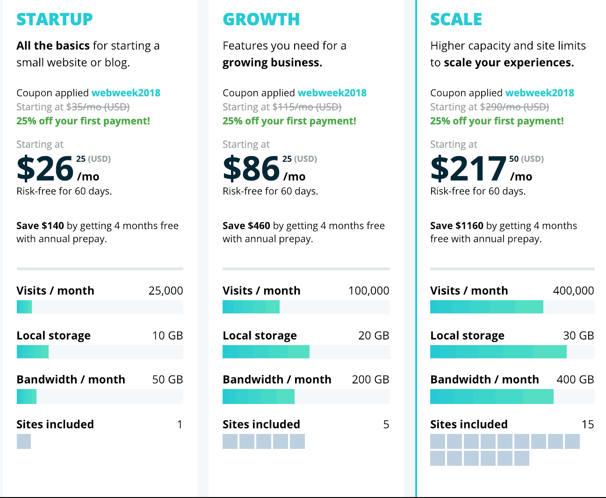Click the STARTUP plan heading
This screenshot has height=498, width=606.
click(55, 19)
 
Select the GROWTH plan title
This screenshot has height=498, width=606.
click(261, 19)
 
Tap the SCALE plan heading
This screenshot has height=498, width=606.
click(456, 19)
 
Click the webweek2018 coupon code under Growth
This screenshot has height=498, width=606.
click(332, 93)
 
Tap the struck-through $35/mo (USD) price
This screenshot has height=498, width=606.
click(98, 107)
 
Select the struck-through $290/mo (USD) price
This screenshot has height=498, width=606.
click(514, 107)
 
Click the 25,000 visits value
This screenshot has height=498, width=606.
click(166, 290)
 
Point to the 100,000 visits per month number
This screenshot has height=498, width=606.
click(368, 290)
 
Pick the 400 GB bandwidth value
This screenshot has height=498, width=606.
click(575, 379)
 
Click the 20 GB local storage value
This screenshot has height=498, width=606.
click(374, 335)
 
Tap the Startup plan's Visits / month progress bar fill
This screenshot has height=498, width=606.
click(24, 307)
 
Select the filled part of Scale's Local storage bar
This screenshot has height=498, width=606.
click(498, 352)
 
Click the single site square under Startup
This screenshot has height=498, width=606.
click(24, 441)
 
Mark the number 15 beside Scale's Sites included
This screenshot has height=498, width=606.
click(587, 424)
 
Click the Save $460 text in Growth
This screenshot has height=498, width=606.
click(246, 225)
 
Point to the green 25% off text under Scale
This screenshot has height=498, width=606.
click(497, 121)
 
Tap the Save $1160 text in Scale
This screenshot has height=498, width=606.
click(456, 225)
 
